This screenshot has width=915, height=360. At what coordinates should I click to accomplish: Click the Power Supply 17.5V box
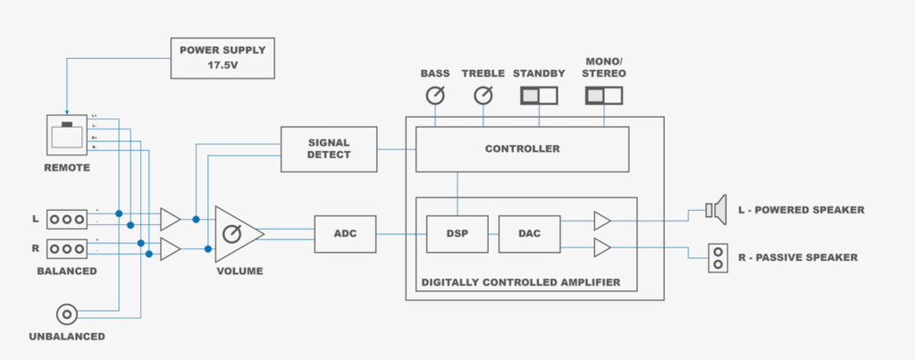pos(222,58)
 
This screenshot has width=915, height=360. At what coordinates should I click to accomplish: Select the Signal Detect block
pos(329,148)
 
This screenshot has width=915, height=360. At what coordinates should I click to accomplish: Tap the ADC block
pos(345,234)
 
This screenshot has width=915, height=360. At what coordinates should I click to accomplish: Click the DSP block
pos(456,234)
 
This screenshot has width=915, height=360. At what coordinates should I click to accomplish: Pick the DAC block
pos(530,234)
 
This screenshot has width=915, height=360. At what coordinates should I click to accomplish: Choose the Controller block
pos(522,148)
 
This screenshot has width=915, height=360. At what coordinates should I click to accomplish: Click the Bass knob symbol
pos(435,96)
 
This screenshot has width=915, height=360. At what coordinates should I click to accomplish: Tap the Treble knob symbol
pos(483,96)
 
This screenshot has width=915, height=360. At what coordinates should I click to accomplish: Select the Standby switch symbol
pos(540,95)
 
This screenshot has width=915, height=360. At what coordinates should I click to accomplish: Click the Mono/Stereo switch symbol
pos(605,95)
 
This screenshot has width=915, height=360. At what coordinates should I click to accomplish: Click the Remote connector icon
pos(67,137)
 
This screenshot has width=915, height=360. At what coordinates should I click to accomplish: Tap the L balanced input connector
pos(68,219)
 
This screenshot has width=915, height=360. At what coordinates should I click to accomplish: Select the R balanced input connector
pos(68,248)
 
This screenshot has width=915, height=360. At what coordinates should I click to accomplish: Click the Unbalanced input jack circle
pos(67,314)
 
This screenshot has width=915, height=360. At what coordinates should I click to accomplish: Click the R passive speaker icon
pos(717,257)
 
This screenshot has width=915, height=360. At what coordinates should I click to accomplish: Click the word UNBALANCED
pos(67,337)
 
